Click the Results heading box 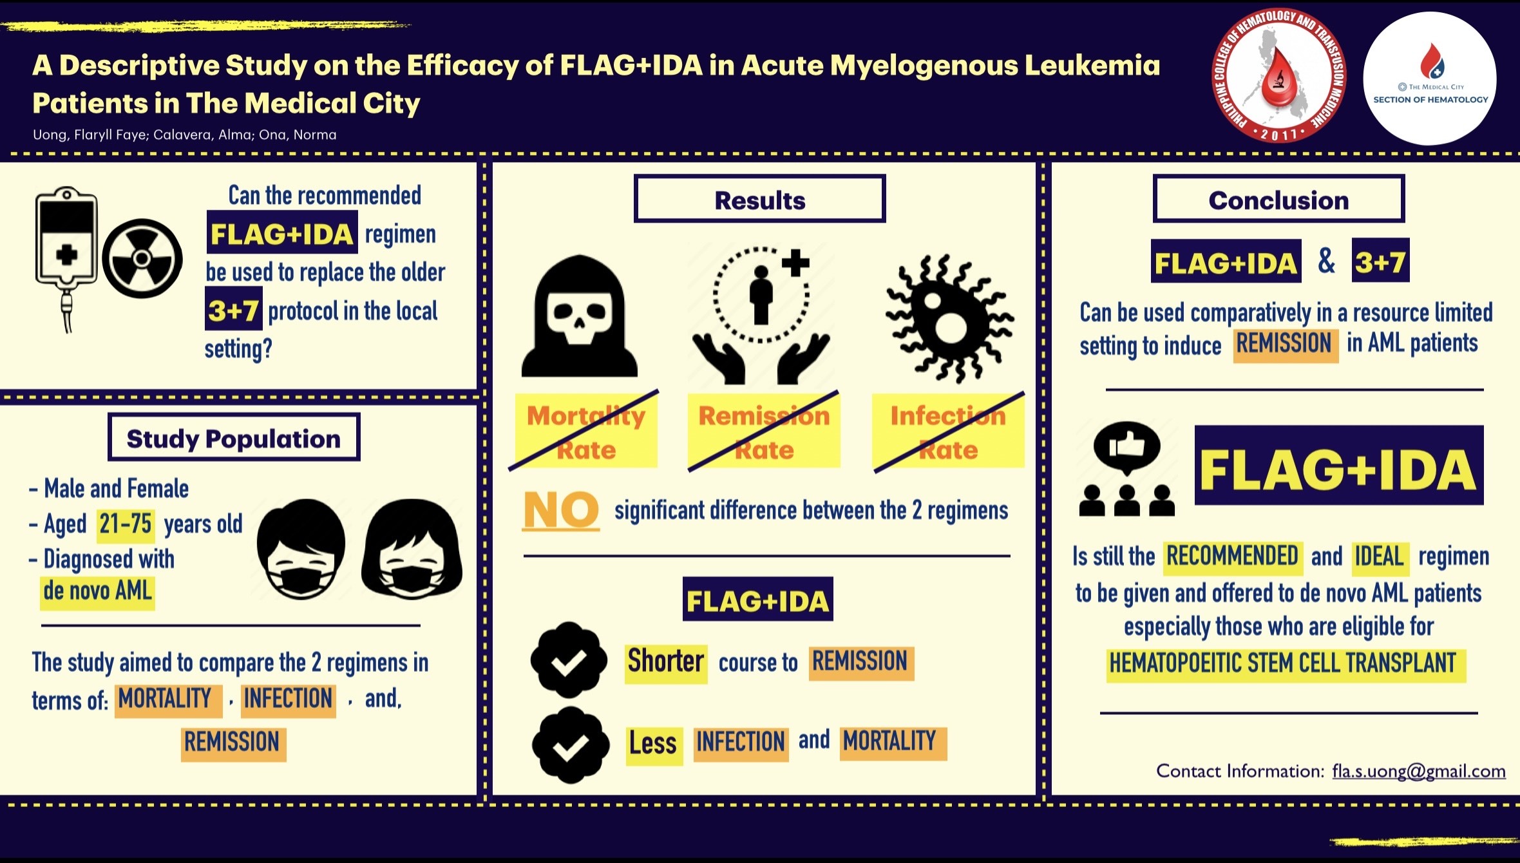(x=759, y=199)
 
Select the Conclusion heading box (x=1278, y=199)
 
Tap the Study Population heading (x=234, y=438)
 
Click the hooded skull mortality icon (x=580, y=316)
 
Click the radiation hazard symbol (x=142, y=259)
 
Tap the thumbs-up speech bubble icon (x=1127, y=446)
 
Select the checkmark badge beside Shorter (x=569, y=660)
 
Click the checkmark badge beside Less (x=570, y=745)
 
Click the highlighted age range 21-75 (x=126, y=524)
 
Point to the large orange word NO (x=561, y=510)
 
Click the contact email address (x=1419, y=771)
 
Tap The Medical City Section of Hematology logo (x=1430, y=79)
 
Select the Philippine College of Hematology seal (x=1278, y=76)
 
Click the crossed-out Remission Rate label (x=764, y=432)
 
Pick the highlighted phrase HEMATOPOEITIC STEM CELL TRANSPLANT (x=1283, y=663)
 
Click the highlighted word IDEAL (x=1379, y=556)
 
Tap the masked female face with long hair (x=412, y=549)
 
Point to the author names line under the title (x=185, y=135)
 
